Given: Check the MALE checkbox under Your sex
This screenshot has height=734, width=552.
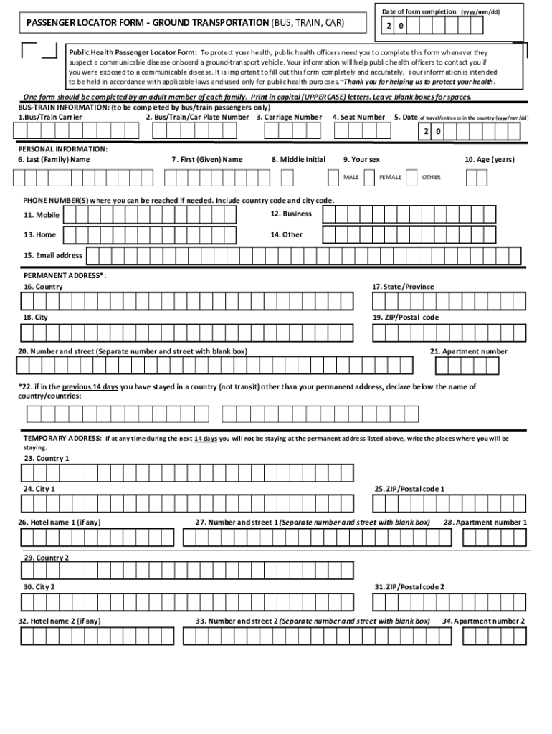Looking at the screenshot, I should point(333,177).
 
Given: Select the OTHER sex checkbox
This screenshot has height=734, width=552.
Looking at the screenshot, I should point(411,177).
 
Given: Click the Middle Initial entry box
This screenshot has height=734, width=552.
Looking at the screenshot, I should point(287,177).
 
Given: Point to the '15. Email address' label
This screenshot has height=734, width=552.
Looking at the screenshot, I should point(53,255).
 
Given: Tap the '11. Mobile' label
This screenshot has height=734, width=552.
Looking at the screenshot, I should point(42,215).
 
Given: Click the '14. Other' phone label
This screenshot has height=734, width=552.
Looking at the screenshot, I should point(286,234).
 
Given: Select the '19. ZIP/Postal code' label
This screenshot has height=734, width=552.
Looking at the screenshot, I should point(405,317).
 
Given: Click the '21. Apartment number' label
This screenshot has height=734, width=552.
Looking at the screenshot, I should point(468,351).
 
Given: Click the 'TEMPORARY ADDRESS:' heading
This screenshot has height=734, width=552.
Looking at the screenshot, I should point(62,437).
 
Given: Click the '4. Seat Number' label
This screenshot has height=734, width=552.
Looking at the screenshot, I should point(358,117).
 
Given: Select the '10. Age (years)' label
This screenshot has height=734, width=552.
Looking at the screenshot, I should point(489,159).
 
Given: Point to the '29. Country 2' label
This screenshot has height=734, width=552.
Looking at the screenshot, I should point(47,558).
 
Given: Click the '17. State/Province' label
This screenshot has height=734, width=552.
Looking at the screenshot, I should point(403,287).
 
